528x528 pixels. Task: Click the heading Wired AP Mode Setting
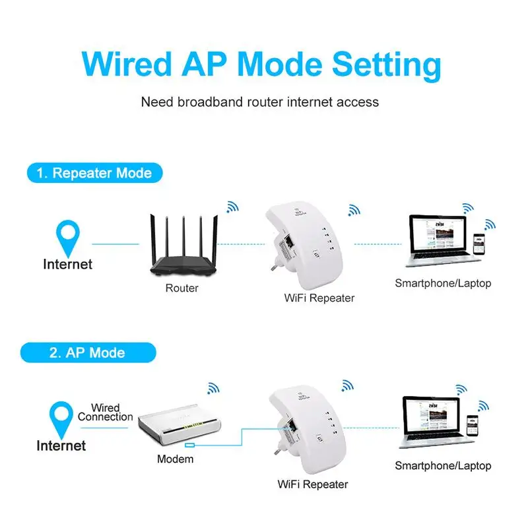coord(261,65)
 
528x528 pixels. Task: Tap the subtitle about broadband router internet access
coord(260,102)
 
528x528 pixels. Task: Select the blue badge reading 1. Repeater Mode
coord(94,174)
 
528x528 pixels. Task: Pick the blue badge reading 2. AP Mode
coord(86,352)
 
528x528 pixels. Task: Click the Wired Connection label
coord(106,412)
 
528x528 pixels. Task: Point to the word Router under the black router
coord(181,288)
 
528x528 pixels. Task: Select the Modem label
coord(175,459)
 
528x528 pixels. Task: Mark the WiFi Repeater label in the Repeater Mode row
coord(319,298)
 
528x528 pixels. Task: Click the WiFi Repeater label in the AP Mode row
coord(313,484)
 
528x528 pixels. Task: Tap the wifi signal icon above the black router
coord(232,207)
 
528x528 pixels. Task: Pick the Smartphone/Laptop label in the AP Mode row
coord(443,466)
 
